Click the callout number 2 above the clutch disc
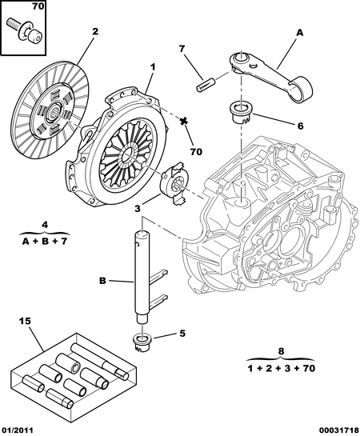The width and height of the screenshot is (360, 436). coord(95,31)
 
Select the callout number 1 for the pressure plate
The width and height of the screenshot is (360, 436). coord(153,66)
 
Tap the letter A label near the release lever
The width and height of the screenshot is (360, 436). coord(299,33)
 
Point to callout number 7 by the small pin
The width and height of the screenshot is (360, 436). coord(182,49)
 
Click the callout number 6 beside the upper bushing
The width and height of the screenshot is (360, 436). coord(301,126)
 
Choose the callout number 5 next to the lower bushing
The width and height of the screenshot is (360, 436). coord(182,333)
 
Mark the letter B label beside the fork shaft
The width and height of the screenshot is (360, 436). coord(102,281)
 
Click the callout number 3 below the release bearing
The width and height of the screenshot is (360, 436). coord(138,208)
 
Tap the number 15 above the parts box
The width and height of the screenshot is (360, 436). coord(25,321)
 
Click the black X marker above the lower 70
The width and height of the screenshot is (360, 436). coord(183,122)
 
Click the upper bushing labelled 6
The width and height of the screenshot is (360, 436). coord(241,113)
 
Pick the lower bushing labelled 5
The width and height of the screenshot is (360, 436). coord(142,342)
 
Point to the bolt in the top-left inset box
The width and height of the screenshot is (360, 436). coord(24,30)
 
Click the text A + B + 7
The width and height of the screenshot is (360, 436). coord(45,242)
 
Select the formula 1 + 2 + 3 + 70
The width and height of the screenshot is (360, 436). coord(282,369)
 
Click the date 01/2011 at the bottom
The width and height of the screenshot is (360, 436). coord(17,430)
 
